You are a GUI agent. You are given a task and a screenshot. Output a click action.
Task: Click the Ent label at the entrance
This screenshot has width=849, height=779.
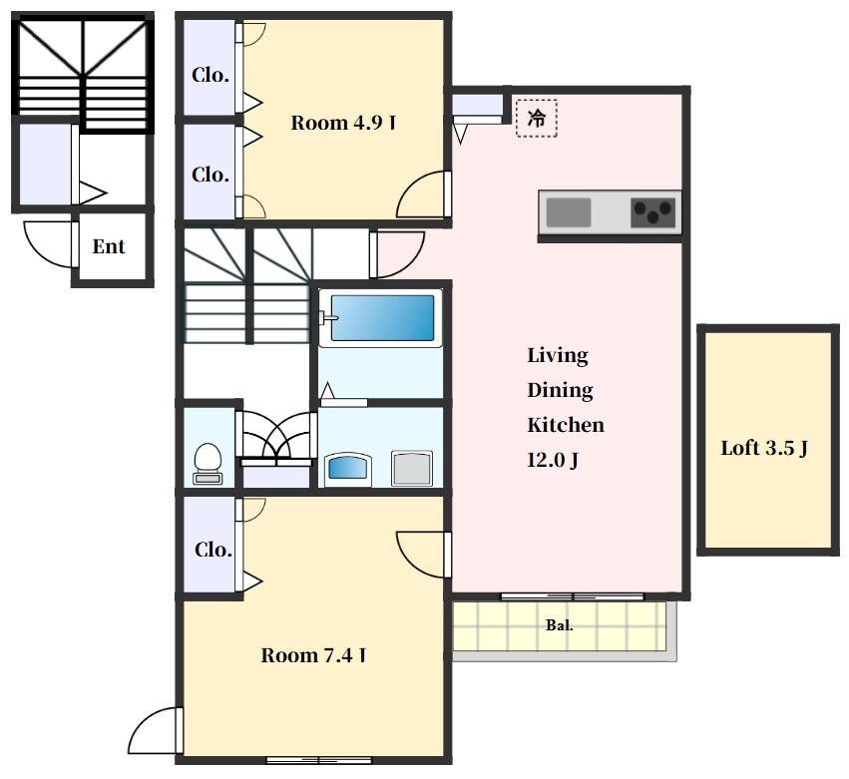click(x=109, y=246)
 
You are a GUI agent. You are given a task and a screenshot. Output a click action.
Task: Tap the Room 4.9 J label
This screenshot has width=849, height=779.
click(x=343, y=123)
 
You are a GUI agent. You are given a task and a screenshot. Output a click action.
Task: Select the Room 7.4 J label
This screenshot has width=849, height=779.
click(x=313, y=655)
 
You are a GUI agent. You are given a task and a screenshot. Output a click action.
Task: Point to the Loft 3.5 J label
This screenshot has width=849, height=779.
click(x=764, y=448)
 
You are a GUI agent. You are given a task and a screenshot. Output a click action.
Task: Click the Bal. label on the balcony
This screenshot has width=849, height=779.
click(x=560, y=625)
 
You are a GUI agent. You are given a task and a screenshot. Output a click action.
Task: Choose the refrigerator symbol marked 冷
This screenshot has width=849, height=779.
click(x=537, y=118)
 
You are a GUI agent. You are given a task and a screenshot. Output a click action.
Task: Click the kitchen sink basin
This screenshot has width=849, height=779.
click(x=568, y=212)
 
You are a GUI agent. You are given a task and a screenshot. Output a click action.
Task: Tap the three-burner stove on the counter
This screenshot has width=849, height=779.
click(x=653, y=212)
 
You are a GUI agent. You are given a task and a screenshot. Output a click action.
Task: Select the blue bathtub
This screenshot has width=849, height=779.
click(x=382, y=318)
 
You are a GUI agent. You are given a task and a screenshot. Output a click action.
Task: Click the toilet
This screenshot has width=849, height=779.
click(x=208, y=464)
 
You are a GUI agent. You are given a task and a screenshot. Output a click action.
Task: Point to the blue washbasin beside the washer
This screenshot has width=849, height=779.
click(x=347, y=467)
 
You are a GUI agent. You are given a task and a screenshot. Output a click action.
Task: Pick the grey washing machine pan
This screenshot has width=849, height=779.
click(x=412, y=468)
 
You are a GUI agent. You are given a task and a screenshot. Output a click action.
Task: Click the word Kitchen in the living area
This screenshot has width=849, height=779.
click(x=566, y=425)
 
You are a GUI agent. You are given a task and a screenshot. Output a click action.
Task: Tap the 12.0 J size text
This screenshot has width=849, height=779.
click(x=553, y=460)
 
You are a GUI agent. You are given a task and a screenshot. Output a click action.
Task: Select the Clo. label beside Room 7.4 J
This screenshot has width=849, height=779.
click(x=212, y=550)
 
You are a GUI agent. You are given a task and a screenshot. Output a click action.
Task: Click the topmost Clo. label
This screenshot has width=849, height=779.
click(x=211, y=75)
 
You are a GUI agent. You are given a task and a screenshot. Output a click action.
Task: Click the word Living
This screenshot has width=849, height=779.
click(x=558, y=356)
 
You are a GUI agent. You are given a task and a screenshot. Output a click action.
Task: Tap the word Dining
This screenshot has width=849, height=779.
click(x=560, y=390)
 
